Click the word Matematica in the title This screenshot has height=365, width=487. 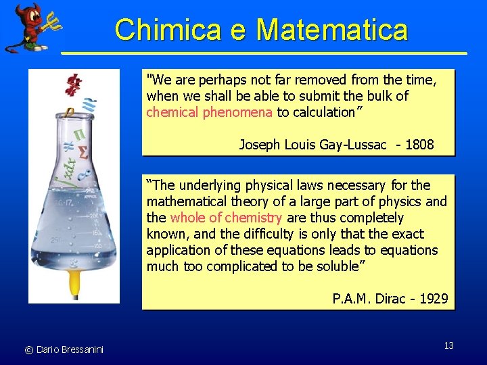click(x=332, y=30)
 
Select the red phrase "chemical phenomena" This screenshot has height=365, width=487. click(x=210, y=112)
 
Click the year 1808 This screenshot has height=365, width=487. click(x=419, y=145)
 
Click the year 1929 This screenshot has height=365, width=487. click(x=434, y=299)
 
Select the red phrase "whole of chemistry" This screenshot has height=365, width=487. click(x=227, y=218)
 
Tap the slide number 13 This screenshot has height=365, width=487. click(x=449, y=345)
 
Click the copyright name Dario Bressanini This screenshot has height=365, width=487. click(x=70, y=349)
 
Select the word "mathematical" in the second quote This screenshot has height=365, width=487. click(x=184, y=201)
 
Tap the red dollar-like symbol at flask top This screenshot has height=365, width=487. click(x=73, y=84)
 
